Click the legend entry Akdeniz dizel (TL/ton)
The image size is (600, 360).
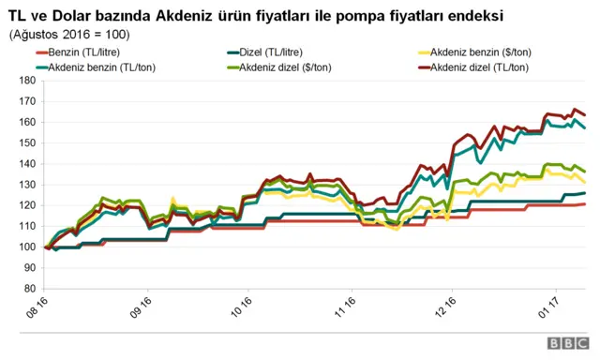pos(479,67)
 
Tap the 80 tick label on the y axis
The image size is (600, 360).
pos(28,289)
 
